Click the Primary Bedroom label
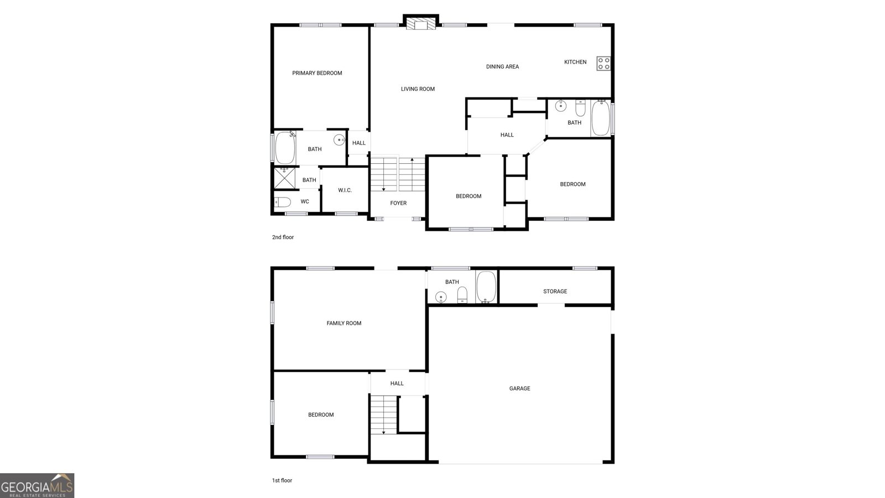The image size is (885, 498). coord(317,73)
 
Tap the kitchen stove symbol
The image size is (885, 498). coord(603,64)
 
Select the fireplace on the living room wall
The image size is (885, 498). coord(421,23)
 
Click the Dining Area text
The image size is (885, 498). coord(502,67)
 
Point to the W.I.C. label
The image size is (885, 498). coord(345,190)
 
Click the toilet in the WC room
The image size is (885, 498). coord(283,203)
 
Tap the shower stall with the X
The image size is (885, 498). coord(284,178)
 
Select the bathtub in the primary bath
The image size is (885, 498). coord(285,148)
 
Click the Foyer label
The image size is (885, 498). coord(398,203)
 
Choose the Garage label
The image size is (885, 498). coord(519,388)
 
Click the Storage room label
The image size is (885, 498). coord(555,291)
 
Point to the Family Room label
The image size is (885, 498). coord(343,323)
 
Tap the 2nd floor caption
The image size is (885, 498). coord(283,237)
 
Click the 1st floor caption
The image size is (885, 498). coord(282,481)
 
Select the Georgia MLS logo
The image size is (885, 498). coord(37,486)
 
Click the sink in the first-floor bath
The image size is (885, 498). coord(441,297)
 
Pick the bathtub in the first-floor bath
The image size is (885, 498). coord(486,287)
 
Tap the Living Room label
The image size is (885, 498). coord(418,89)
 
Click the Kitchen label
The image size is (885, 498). coord(575,62)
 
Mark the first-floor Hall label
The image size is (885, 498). coord(397,383)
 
